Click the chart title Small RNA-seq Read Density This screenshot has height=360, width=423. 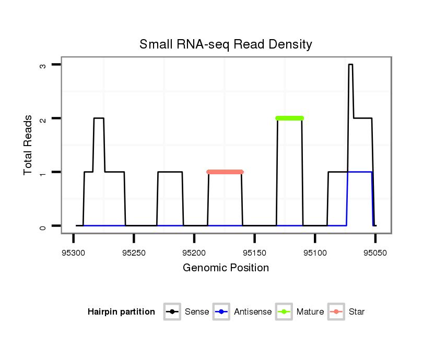(x=226, y=44)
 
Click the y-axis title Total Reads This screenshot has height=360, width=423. (x=28, y=145)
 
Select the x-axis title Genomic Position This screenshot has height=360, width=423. (x=226, y=268)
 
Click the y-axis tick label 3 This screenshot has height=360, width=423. (x=43, y=65)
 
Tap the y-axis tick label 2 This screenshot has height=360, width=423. (x=43, y=118)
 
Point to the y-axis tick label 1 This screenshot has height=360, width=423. (x=43, y=172)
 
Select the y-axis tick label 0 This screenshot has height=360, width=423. (x=43, y=226)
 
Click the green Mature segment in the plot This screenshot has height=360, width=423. (x=289, y=118)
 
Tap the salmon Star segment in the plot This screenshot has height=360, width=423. (x=225, y=172)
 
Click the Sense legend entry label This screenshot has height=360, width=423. (x=197, y=312)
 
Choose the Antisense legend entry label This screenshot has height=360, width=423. (x=253, y=312)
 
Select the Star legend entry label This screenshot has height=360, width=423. (x=356, y=312)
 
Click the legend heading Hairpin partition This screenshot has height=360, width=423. (x=121, y=312)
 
